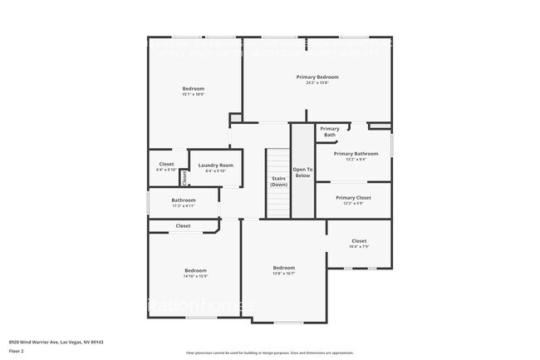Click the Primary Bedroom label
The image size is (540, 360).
[317, 76]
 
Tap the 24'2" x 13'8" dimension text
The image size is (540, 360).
[317, 83]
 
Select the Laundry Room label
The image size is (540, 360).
[215, 165]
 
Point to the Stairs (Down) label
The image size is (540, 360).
[278, 181]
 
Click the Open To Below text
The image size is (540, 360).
[302, 172]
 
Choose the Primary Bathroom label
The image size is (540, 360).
[356, 153]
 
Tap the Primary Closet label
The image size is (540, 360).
[353, 197]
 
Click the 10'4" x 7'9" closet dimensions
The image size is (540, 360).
[359, 247]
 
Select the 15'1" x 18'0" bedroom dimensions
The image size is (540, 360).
[194, 95]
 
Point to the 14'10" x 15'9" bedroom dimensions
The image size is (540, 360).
[195, 276]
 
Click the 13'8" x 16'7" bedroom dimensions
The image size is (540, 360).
[284, 274]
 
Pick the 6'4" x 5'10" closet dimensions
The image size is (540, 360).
[166, 170]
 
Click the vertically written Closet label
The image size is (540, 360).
[184, 177]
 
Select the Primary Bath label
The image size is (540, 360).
[330, 131]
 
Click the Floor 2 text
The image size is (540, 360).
[17, 351]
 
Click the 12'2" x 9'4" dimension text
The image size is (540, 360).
[356, 160]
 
